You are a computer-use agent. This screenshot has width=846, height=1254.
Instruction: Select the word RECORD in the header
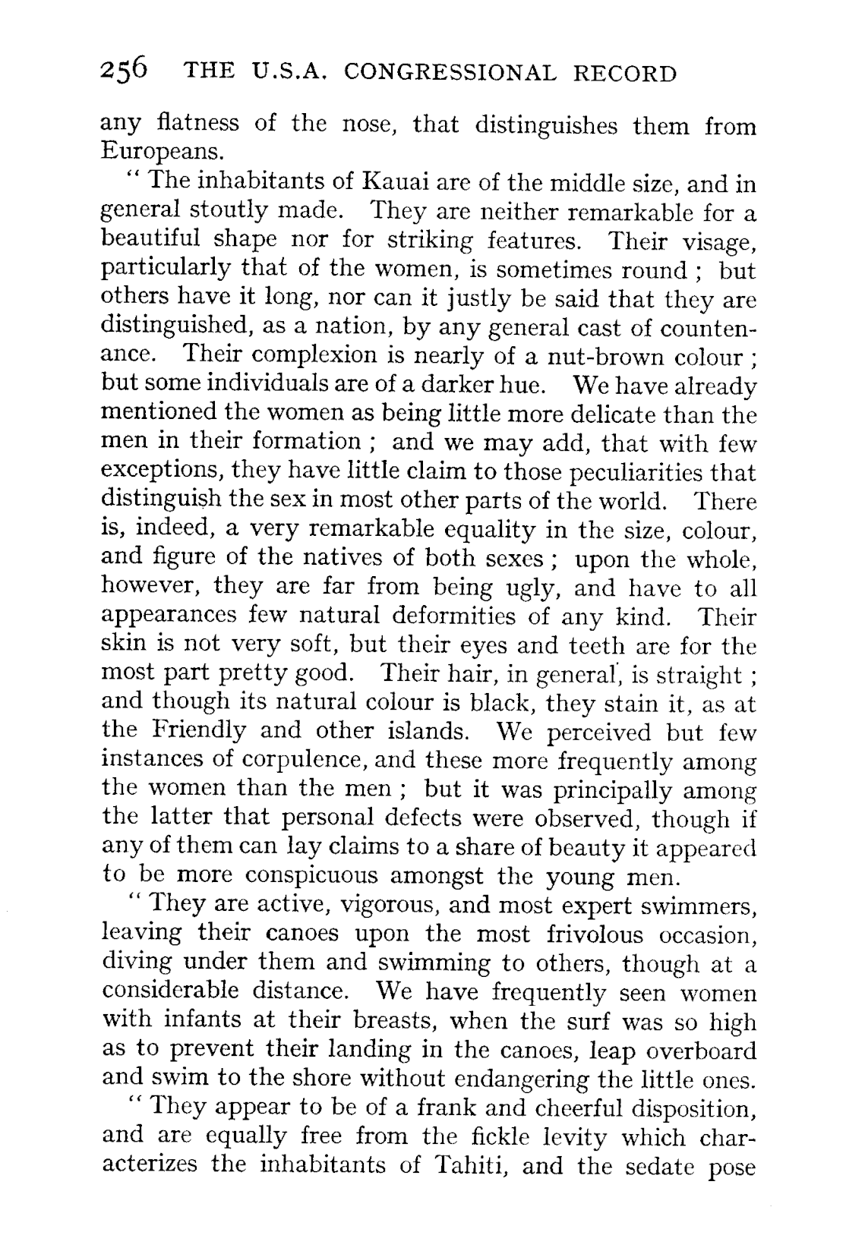(x=623, y=73)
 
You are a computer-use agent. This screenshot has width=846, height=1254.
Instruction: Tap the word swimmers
(x=698, y=906)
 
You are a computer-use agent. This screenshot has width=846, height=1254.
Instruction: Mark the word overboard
(x=705, y=1051)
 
